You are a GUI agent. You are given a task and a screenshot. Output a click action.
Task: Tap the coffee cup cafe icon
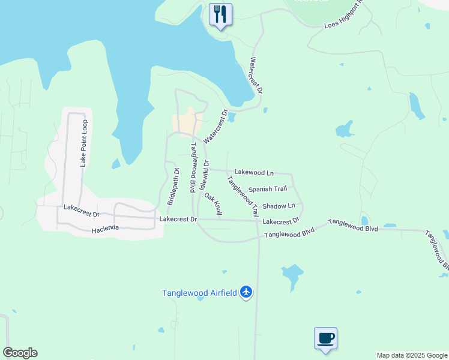click(x=325, y=337)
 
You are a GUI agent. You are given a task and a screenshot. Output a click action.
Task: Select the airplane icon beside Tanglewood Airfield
click(x=246, y=292)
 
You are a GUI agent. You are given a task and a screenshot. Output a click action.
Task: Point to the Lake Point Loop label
click(x=84, y=142)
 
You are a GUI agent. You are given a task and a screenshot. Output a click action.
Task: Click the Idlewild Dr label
click(x=206, y=176)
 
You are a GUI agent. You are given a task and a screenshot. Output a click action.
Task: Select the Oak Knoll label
click(x=214, y=204)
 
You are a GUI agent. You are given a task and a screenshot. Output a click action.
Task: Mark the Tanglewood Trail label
click(x=243, y=196)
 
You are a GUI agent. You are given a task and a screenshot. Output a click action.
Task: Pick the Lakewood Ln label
click(x=250, y=172)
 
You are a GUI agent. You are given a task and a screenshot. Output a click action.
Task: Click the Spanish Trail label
click(x=268, y=189)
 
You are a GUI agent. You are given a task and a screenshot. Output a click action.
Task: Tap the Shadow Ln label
click(x=279, y=205)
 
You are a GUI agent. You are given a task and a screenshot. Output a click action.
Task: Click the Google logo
click(x=20, y=353)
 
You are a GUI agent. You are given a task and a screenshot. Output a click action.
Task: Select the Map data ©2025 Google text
click(x=412, y=355)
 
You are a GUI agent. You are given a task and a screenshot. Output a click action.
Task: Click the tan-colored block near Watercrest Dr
click(x=185, y=125)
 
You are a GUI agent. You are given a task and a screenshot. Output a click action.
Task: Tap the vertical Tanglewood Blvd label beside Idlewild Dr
click(x=193, y=167)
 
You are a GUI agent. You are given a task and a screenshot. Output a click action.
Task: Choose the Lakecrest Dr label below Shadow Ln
click(x=281, y=221)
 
